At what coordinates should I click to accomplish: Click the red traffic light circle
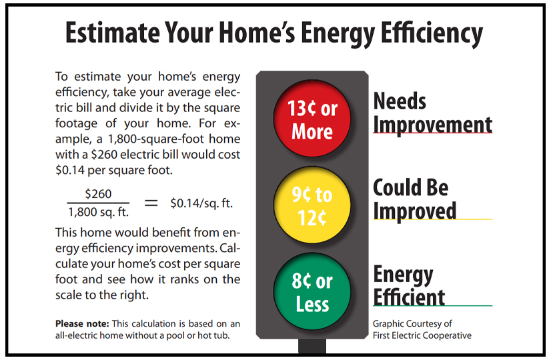tap(312, 119)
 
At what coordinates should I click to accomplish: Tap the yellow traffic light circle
tap(312, 205)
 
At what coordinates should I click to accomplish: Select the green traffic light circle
tap(312, 292)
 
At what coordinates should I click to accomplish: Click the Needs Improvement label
tap(432, 113)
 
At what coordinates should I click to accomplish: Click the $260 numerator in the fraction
tap(98, 194)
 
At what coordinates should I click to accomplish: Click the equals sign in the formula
tap(151, 203)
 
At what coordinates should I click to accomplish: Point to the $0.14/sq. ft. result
tap(201, 203)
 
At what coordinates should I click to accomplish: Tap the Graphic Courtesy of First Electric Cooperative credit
tap(422, 329)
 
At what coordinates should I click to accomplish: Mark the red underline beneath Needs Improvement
tap(432, 133)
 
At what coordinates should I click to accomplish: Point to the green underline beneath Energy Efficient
tap(432, 305)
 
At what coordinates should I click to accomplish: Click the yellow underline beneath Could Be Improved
tap(432, 219)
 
